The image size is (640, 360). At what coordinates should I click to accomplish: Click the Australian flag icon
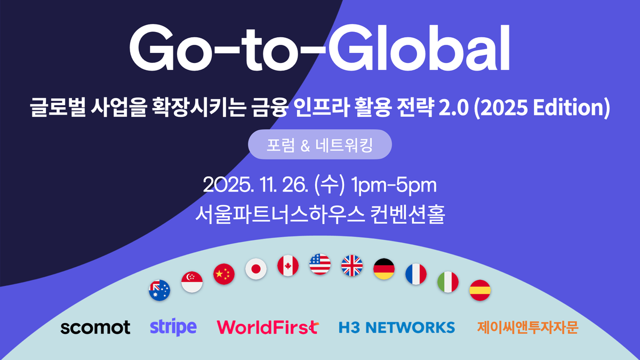click(159, 291)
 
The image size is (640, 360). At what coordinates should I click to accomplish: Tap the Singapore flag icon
click(192, 282)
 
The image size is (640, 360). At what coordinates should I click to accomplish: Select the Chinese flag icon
click(224, 274)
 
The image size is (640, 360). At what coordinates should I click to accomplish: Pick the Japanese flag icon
click(256, 268)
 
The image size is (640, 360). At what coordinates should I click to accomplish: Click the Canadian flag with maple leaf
click(288, 265)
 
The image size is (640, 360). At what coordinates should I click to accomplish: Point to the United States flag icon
click(320, 264)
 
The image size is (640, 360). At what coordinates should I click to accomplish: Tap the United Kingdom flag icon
click(352, 265)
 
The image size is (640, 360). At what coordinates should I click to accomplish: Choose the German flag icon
click(384, 268)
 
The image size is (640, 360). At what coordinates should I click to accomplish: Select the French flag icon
click(416, 274)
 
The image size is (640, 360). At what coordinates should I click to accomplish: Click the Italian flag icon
click(448, 282)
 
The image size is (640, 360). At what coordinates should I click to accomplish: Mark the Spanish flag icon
click(480, 291)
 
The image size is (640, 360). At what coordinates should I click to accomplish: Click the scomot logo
click(95, 327)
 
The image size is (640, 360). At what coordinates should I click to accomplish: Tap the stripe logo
click(173, 326)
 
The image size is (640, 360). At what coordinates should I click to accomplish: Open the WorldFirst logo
click(267, 327)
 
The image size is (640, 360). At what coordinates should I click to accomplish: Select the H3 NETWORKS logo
click(397, 327)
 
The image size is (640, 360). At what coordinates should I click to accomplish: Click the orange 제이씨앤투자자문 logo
click(527, 327)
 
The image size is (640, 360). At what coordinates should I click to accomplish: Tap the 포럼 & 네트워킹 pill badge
click(320, 145)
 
